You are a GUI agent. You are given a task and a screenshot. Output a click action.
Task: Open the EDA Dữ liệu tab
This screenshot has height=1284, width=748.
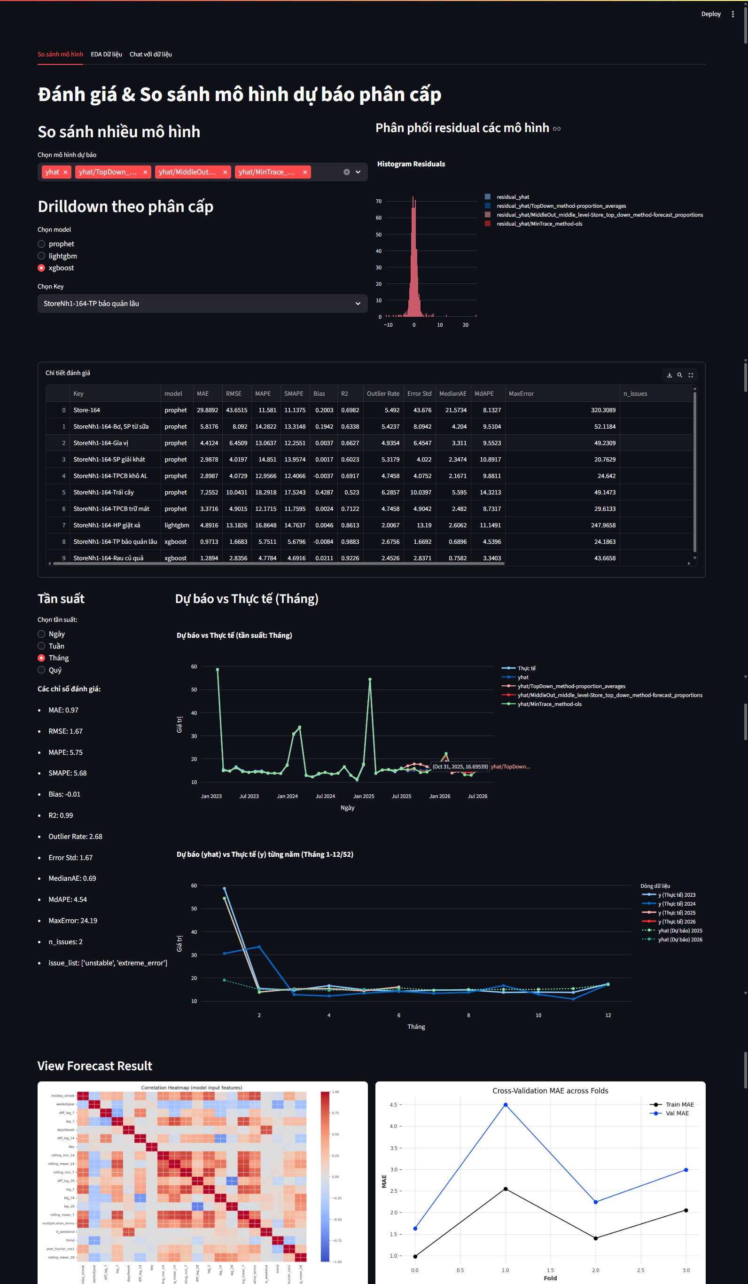[x=106, y=54]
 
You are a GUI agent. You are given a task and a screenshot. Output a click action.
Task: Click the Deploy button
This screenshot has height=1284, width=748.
[x=710, y=14]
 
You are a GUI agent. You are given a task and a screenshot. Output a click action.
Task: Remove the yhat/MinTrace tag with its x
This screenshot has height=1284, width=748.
[x=305, y=172]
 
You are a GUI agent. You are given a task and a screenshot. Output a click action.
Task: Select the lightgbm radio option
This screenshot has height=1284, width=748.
[x=42, y=256]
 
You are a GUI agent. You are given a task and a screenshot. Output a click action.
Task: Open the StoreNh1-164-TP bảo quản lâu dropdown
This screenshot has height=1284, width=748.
[x=203, y=303]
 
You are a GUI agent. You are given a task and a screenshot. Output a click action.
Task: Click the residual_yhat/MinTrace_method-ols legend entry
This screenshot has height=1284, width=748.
[x=539, y=224]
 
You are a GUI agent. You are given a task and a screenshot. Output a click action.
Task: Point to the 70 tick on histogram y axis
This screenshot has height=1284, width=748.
[x=379, y=201]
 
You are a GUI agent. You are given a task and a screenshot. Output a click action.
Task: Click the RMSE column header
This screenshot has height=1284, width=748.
[x=234, y=393]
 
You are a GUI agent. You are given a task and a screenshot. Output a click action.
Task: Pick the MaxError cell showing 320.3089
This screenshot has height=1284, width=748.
[x=603, y=410]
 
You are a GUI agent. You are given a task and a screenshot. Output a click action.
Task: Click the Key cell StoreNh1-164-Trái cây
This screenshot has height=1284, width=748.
[x=103, y=492]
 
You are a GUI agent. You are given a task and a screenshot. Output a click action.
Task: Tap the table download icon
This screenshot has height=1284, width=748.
[x=669, y=375]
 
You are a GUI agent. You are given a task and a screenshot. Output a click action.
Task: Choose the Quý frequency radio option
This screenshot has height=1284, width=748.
[x=42, y=670]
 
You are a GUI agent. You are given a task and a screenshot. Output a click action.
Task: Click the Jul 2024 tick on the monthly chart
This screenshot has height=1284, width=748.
[x=325, y=796]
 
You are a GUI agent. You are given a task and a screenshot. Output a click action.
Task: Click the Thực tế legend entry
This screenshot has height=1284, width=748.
[x=526, y=668]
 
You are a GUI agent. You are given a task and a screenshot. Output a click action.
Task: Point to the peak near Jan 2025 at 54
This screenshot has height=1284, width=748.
[x=370, y=679]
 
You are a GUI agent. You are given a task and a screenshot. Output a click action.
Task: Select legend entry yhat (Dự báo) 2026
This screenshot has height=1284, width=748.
[x=680, y=939]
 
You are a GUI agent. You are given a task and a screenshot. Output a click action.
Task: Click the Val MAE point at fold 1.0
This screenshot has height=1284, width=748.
[x=506, y=1104]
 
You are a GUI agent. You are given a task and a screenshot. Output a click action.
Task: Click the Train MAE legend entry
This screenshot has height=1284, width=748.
[x=679, y=1104]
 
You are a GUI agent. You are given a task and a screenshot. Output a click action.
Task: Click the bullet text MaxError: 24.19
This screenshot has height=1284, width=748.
[x=72, y=920]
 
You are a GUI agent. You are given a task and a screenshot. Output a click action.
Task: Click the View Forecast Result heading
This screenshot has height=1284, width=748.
[x=95, y=1065]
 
